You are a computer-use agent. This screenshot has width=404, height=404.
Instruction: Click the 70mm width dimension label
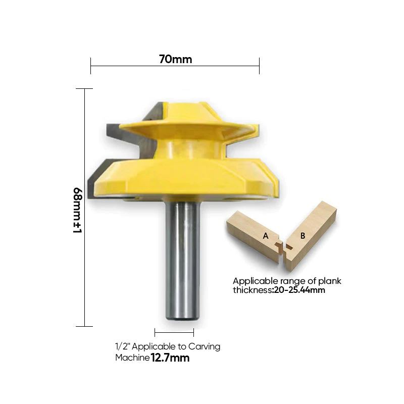pos(175,59)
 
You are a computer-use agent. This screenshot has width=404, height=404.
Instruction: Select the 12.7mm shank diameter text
pos(170,358)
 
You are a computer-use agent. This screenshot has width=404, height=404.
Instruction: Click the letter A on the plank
pos(266,236)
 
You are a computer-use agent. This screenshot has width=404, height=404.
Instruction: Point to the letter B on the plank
pos(302,236)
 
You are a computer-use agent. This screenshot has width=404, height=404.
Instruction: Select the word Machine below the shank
pos(132,358)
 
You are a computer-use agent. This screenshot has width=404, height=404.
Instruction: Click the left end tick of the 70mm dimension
pos(91,65)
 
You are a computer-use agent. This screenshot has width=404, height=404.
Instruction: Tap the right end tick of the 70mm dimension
pos(259,65)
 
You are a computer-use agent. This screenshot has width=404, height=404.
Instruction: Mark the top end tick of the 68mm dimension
pos(84,89)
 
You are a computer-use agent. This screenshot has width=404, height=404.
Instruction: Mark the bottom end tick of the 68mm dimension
pos(84,326)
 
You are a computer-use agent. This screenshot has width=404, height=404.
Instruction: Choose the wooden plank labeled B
pos(311,230)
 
